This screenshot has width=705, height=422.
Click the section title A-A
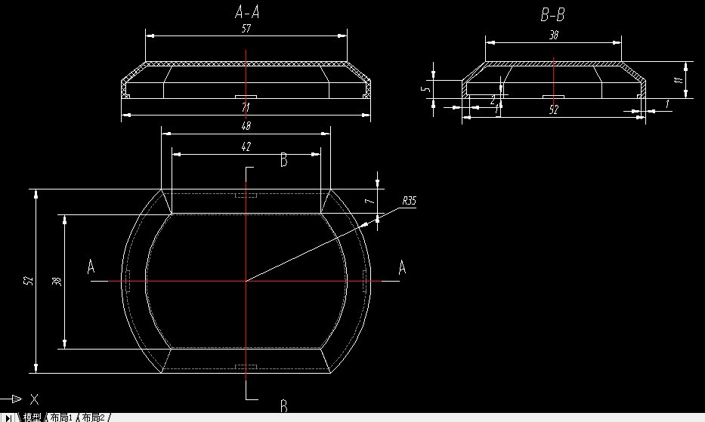tap(249, 11)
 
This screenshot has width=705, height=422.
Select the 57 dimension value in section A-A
tap(246, 29)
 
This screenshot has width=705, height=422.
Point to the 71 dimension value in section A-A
tap(246, 109)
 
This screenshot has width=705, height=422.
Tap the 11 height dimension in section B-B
tap(679, 79)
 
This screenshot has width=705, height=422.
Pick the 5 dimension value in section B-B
tap(426, 90)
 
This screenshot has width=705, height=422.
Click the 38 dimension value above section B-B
tap(553, 35)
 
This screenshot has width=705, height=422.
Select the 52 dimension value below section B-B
tap(553, 110)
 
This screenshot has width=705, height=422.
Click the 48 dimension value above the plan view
tap(246, 126)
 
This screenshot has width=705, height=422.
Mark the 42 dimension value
tap(246, 146)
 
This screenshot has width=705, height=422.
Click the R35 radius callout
tap(409, 201)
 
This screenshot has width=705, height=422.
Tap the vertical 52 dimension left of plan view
tap(29, 281)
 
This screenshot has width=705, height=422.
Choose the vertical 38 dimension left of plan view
tap(57, 281)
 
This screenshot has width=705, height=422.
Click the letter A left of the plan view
tap(91, 267)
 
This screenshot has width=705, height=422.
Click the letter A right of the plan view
tap(402, 267)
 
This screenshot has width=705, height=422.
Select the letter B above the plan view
tap(283, 160)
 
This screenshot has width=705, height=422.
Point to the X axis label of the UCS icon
tap(34, 399)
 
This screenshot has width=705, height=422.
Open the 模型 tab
tap(32, 417)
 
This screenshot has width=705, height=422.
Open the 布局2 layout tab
tap(95, 417)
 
